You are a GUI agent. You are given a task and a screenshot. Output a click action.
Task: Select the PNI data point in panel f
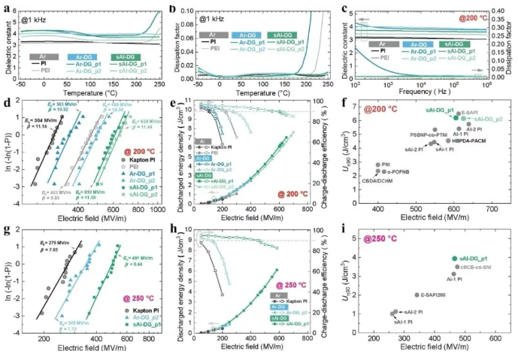(x=378, y=165)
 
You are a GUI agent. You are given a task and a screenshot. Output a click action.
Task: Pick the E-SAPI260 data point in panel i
(x=418, y=295)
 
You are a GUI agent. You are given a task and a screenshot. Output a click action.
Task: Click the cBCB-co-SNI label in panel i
(x=477, y=267)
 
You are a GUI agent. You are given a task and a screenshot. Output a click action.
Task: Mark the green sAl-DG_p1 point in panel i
(x=454, y=259)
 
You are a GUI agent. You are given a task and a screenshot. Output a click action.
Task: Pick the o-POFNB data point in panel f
(x=384, y=171)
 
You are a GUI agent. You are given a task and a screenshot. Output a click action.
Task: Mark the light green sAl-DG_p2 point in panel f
(x=462, y=118)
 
